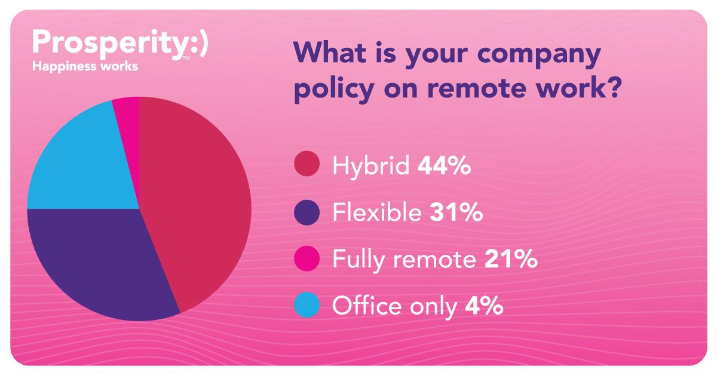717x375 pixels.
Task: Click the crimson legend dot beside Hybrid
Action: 307,163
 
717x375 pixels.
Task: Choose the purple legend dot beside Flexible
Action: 307,212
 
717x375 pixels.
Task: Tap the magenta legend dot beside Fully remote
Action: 307,258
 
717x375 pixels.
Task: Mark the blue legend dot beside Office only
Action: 307,305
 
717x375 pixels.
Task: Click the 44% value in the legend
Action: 445,166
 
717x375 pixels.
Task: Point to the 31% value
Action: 456,212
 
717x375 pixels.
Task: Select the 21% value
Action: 511,258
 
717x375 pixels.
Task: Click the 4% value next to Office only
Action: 484,305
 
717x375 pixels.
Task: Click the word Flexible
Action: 377,212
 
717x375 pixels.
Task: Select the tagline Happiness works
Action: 85,66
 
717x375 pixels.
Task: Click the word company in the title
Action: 539,54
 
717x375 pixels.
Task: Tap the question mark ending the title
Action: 614,87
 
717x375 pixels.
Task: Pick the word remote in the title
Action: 477,88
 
